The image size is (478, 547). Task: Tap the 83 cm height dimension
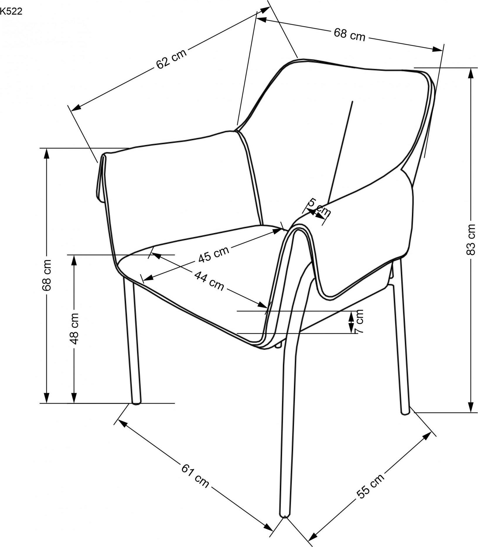coord(471,239)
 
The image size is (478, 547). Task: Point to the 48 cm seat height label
coord(74,328)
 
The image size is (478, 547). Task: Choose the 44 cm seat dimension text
coord(209,281)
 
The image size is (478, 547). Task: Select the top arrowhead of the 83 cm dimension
coord(471,73)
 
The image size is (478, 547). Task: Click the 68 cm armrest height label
coord(47,275)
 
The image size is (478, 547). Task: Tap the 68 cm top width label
coord(350,34)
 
